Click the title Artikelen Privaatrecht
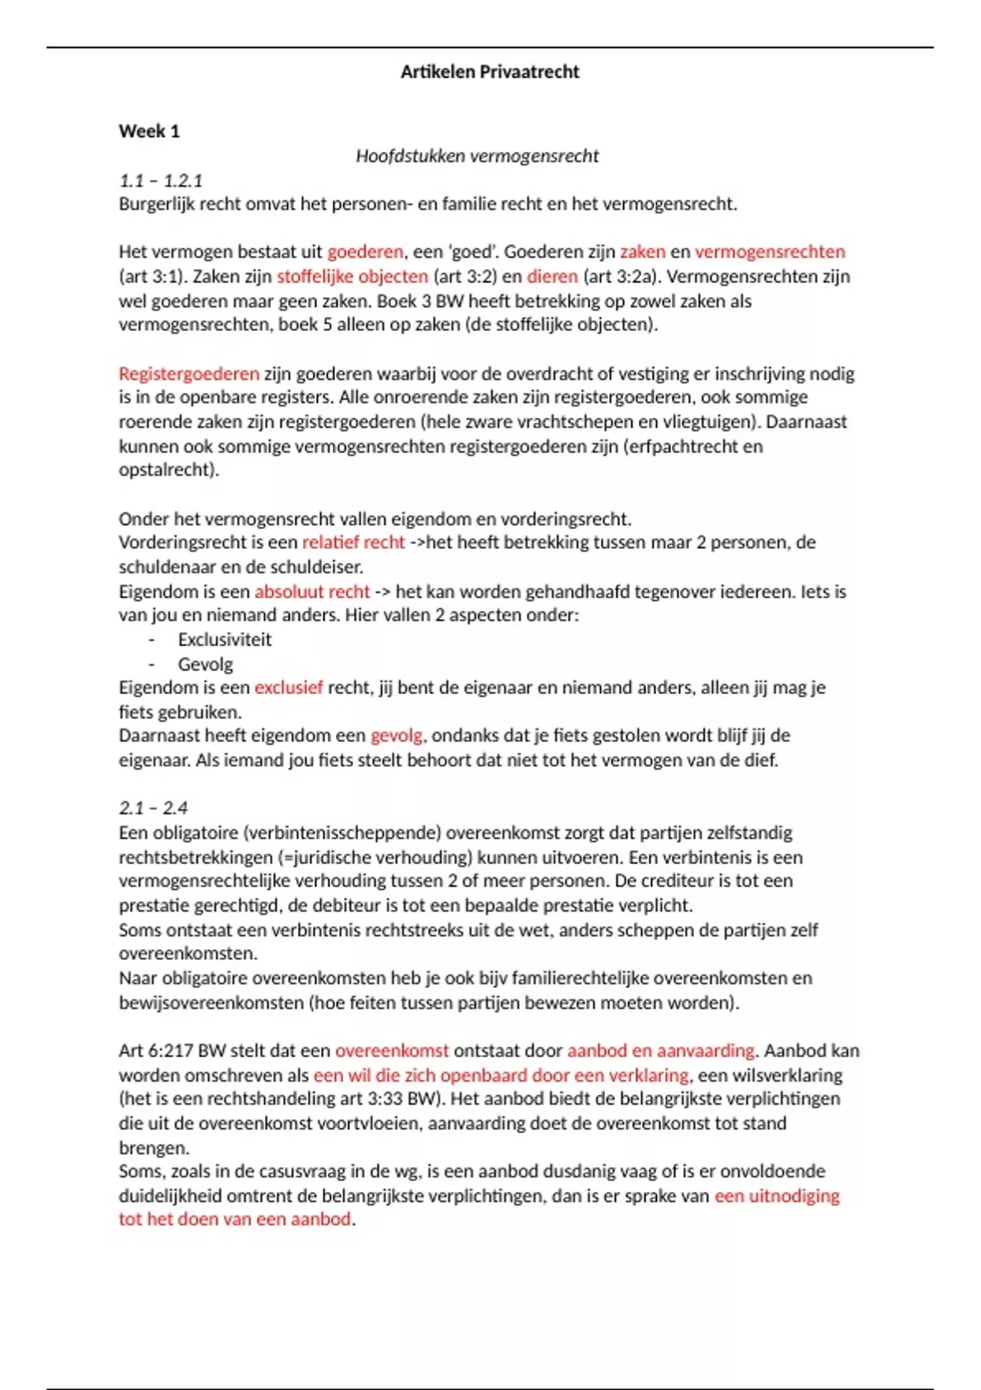(490, 72)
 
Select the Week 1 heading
(149, 131)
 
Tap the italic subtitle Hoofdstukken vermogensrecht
(477, 156)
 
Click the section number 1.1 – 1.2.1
(160, 180)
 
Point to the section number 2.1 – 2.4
(153, 808)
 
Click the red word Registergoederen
(189, 374)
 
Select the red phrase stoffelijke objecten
(352, 276)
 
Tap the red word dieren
(552, 276)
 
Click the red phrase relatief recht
(353, 542)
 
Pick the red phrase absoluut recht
(311, 591)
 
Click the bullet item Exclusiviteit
(225, 639)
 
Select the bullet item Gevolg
(205, 664)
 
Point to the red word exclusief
(289, 688)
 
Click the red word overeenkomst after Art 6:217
(392, 1051)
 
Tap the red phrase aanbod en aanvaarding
(661, 1051)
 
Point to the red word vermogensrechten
(769, 252)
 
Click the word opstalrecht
(168, 470)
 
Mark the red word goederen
(365, 252)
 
